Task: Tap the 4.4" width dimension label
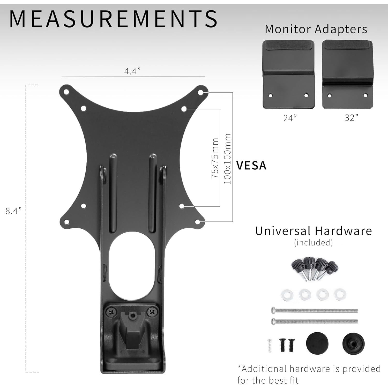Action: tap(132, 71)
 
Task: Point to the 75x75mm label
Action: tap(215, 158)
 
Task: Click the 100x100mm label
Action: tap(227, 159)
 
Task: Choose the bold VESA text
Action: tap(251, 166)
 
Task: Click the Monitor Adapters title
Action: tap(316, 29)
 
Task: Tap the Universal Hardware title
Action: tap(314, 231)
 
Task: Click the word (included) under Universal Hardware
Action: tap(313, 243)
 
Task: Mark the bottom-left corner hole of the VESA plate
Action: tap(66, 221)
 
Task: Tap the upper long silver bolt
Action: tap(314, 310)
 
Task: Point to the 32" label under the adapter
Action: tap(352, 118)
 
